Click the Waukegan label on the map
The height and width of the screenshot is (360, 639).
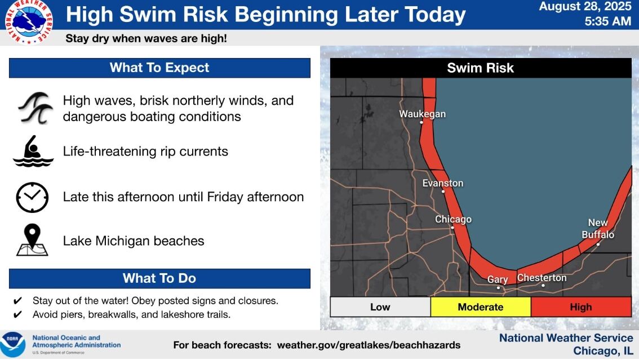pyautogui.click(x=422, y=114)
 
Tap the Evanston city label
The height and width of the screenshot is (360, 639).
pyautogui.click(x=443, y=183)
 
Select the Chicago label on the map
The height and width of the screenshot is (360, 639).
pyautogui.click(x=453, y=219)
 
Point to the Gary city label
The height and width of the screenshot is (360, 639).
pyautogui.click(x=498, y=279)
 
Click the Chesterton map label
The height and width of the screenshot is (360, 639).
pyautogui.click(x=542, y=278)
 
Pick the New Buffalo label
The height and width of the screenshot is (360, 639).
pyautogui.click(x=598, y=228)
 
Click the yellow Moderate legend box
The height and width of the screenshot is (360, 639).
pyautogui.click(x=480, y=307)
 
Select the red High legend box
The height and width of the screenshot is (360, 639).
pyautogui.click(x=580, y=307)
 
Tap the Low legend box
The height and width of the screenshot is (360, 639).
pyautogui.click(x=380, y=307)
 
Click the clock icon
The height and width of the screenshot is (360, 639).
pyautogui.click(x=32, y=197)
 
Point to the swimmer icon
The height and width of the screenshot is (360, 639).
pyautogui.click(x=33, y=152)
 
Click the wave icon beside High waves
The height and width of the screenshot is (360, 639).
pyautogui.click(x=35, y=108)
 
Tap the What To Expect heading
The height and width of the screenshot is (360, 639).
pyautogui.click(x=159, y=68)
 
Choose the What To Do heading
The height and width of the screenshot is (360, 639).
pyautogui.click(x=159, y=278)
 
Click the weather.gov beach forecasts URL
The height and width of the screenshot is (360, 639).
pyautogui.click(x=369, y=345)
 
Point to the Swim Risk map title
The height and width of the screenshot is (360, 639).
pyautogui.click(x=480, y=68)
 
